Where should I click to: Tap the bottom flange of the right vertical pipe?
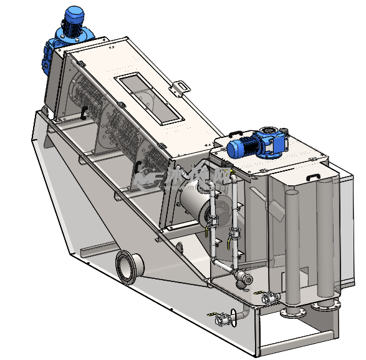(x=325, y=304)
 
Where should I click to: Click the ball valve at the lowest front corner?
(x=221, y=321)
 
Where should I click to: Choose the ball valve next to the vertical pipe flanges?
(x=270, y=299)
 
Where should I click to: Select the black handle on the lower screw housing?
(x=138, y=166)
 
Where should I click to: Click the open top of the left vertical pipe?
(x=292, y=195)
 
